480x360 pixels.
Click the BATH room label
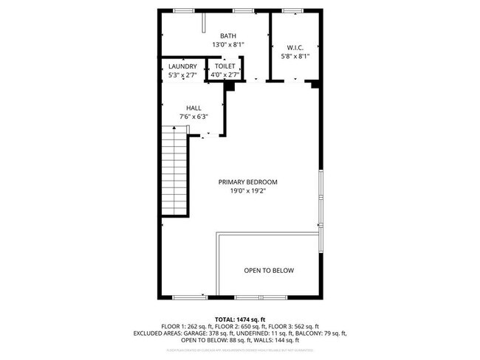click(x=227, y=35)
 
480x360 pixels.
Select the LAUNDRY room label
click(x=182, y=66)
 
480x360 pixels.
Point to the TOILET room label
click(x=224, y=66)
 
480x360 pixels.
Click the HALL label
click(x=193, y=108)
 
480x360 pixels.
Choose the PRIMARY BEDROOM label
click(x=247, y=181)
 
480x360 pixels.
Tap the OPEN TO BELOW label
click(x=269, y=271)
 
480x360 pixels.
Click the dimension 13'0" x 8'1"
click(x=227, y=45)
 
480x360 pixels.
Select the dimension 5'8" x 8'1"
click(x=295, y=55)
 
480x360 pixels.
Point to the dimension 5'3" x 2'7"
click(x=182, y=75)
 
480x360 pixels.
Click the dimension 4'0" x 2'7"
click(x=224, y=75)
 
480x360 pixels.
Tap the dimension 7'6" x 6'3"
click(x=193, y=117)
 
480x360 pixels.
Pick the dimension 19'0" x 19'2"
click(x=247, y=190)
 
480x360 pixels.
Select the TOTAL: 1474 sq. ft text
click(x=240, y=318)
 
